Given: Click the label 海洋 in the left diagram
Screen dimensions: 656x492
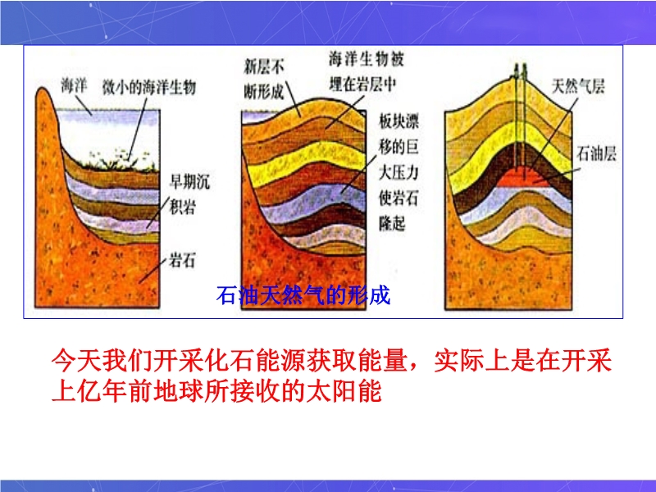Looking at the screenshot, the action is [x=74, y=86].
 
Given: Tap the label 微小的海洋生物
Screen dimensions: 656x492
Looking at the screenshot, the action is [x=149, y=88].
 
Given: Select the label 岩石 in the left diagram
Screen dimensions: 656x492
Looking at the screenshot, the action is [x=182, y=260].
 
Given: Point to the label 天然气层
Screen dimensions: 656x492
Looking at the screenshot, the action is [x=578, y=86].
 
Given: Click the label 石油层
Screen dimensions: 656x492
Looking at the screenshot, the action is [x=597, y=153].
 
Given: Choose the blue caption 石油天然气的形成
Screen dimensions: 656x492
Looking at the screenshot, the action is [x=303, y=294].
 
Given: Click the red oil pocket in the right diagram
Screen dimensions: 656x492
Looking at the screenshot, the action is [x=527, y=177].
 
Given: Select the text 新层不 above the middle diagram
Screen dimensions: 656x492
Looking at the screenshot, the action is [x=264, y=66].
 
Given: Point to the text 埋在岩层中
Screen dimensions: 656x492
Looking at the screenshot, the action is [x=362, y=84].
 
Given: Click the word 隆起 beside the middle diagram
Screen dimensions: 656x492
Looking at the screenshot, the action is [x=392, y=223].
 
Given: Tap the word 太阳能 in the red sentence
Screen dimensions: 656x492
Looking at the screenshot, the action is [x=344, y=392].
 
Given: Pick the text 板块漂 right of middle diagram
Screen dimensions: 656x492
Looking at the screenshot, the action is [x=399, y=121].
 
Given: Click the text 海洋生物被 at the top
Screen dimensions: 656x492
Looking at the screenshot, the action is [x=367, y=59].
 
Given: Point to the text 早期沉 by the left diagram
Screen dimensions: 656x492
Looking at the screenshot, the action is [x=189, y=181].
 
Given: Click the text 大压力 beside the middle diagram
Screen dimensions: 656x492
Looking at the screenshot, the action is [x=399, y=172].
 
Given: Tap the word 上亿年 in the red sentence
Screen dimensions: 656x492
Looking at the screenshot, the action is [x=90, y=392].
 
